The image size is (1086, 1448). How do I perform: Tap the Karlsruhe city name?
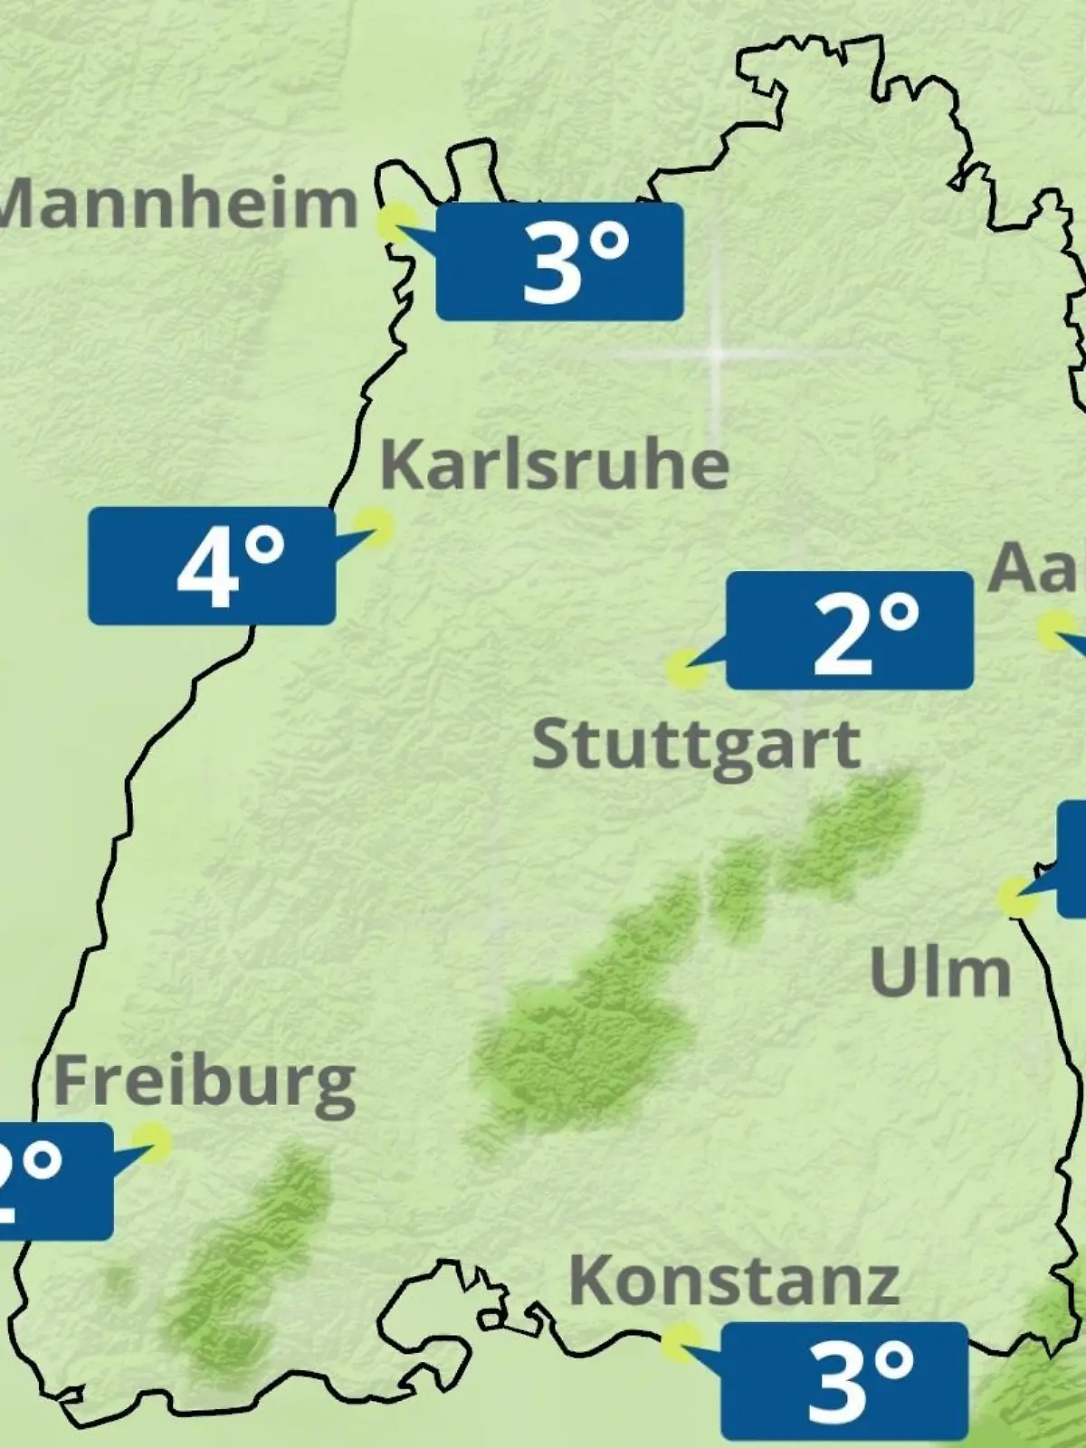(x=554, y=464)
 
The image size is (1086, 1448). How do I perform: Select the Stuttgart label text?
(x=696, y=745)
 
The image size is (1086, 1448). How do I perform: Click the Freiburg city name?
(x=205, y=1081)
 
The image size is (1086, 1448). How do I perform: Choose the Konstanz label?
(x=734, y=1281)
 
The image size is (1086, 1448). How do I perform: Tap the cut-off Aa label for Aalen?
(x=1036, y=569)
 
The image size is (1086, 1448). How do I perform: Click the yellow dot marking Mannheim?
(x=396, y=222)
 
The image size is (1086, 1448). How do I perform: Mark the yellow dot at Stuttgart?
(x=686, y=670)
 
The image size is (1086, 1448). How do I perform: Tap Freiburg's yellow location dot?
(x=151, y=1142)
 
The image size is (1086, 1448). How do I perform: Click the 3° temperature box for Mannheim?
(x=559, y=262)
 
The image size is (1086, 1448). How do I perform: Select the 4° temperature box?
(x=212, y=566)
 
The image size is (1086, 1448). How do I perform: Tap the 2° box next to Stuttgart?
(x=850, y=631)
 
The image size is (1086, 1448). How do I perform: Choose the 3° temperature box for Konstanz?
(x=844, y=1380)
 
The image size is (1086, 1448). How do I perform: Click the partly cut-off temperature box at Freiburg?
(x=54, y=1181)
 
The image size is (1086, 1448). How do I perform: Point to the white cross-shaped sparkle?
(x=716, y=354)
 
